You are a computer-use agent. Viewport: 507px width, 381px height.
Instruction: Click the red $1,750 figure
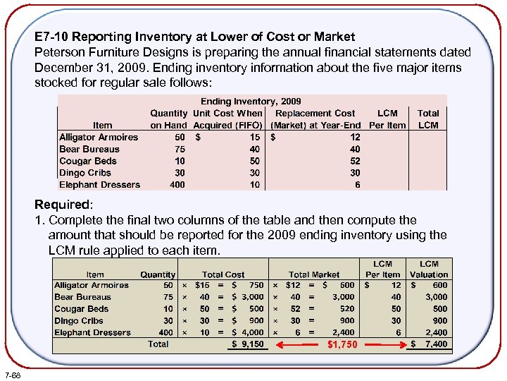[342, 345]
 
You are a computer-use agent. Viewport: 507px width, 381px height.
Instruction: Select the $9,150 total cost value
[249, 345]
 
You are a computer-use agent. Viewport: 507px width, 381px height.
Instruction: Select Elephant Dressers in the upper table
[99, 185]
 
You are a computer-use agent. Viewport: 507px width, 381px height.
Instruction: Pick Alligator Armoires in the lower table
[92, 286]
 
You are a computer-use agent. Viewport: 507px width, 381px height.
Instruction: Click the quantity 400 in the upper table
[177, 185]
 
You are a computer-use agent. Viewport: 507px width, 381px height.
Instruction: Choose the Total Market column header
[313, 274]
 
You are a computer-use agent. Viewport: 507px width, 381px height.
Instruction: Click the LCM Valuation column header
[429, 270]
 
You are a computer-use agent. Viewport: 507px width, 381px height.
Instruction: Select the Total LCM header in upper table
[428, 119]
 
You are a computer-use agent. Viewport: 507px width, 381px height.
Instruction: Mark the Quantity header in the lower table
[158, 274]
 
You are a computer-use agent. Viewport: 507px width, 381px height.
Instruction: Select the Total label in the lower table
[158, 344]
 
